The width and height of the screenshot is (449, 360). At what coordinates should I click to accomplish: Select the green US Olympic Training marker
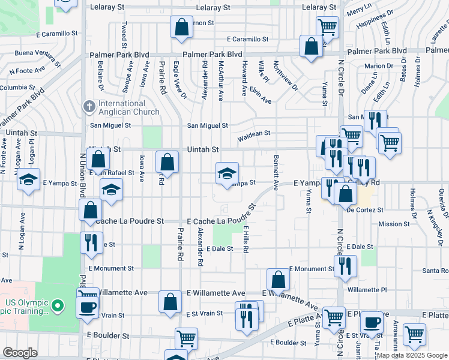click(58, 305)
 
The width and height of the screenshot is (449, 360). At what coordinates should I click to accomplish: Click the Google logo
click(20, 353)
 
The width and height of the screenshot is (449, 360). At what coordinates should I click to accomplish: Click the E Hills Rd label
click(246, 239)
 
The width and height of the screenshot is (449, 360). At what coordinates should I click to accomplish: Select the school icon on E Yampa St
click(227, 173)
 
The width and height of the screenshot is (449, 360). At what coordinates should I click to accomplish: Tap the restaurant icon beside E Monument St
click(345, 266)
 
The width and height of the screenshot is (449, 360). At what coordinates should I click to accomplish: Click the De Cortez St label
click(364, 210)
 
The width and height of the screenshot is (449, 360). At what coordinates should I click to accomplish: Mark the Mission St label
click(394, 224)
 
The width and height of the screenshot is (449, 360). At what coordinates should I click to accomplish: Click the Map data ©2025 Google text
click(411, 355)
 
